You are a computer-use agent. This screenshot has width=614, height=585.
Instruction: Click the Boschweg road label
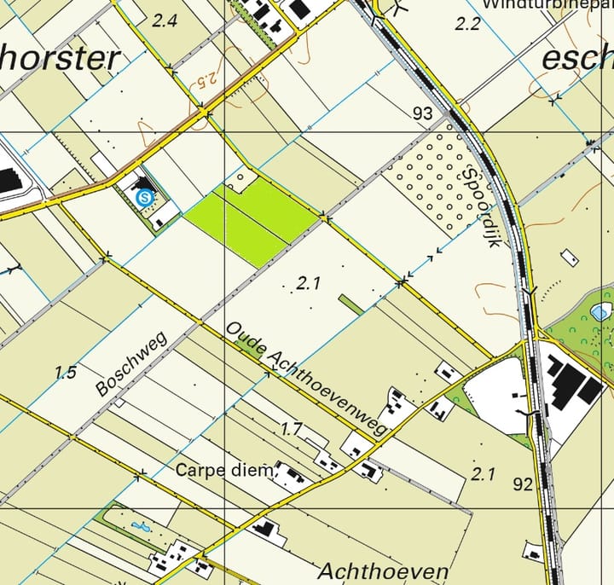pos(131,362)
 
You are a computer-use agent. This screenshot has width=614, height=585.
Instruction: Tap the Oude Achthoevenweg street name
pos(308,381)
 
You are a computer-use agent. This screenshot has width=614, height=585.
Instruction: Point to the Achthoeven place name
pos(383,571)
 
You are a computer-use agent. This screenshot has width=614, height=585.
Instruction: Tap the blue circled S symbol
pos(145,198)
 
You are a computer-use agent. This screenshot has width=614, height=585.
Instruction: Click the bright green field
pos(251,217)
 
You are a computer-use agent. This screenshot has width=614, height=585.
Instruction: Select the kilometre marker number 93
pos(422,113)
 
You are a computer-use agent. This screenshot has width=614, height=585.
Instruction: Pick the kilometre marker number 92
pos(523,485)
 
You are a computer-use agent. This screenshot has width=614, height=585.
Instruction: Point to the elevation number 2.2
pos(468,24)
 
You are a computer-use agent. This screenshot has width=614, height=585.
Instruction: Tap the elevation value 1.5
pos(66,372)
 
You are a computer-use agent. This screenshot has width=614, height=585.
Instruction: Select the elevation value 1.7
pos(292,429)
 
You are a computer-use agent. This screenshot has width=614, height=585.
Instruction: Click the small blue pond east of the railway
pos(601,311)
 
